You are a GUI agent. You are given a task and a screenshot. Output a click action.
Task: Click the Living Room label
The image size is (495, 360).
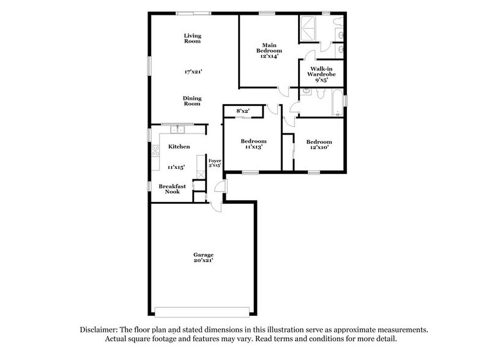click(x=193, y=39)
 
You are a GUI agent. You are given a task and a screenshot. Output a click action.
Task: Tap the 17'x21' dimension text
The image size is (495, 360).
click(x=193, y=72)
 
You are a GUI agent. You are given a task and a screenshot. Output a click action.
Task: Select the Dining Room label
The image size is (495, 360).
click(x=193, y=101)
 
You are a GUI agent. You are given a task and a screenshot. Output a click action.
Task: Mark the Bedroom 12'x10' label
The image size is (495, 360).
click(x=319, y=144)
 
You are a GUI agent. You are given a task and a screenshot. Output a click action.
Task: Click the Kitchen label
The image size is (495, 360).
click(x=179, y=146)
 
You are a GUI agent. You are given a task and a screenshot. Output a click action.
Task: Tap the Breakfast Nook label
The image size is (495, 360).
click(x=169, y=189)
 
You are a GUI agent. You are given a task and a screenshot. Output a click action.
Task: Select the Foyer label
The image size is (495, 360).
click(x=214, y=163)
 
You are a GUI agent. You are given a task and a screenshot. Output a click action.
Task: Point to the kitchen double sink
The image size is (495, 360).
click(x=178, y=130)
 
